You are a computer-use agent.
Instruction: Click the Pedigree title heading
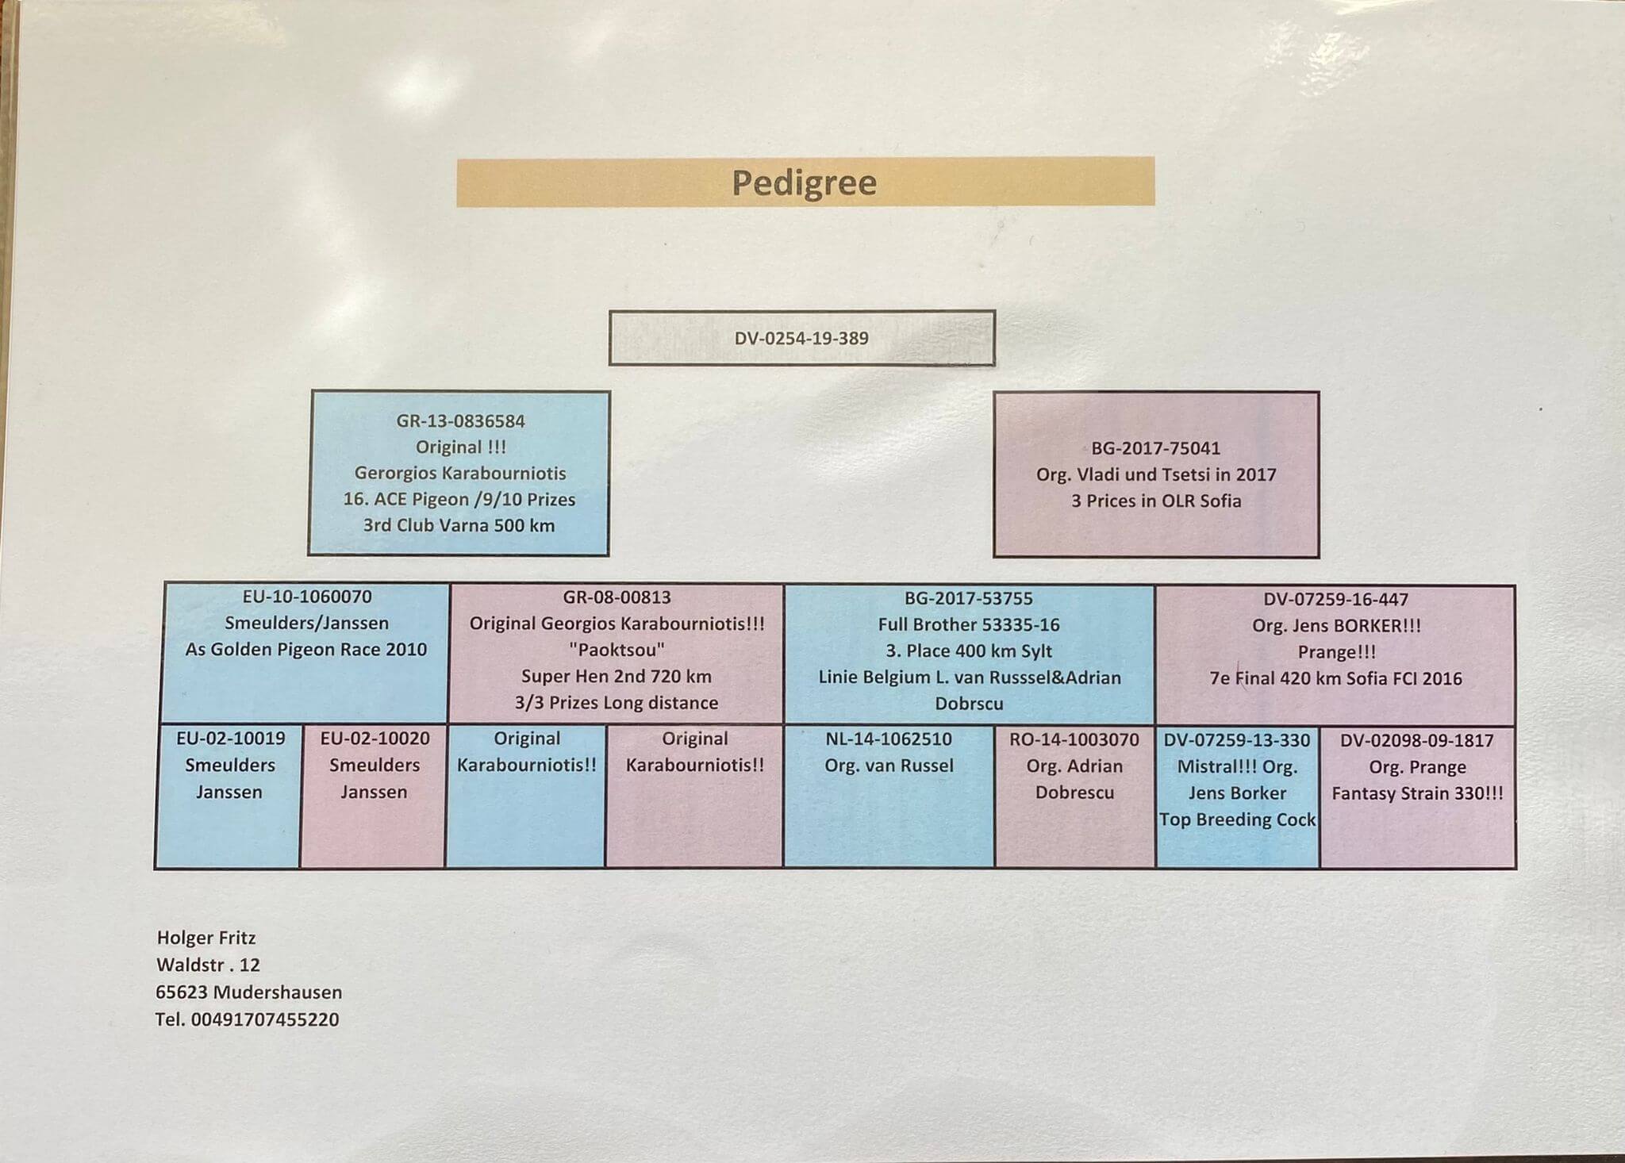(804, 183)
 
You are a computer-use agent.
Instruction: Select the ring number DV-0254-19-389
(801, 339)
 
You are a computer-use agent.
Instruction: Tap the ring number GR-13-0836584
(460, 421)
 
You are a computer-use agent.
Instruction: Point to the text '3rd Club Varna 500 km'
(459, 526)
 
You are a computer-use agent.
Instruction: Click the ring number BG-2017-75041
(1155, 448)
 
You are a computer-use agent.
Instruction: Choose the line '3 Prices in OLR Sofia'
(1156, 501)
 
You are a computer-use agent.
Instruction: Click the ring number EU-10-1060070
(307, 597)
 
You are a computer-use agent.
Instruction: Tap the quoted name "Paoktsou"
(617, 650)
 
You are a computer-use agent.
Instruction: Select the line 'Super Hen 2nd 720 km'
(617, 677)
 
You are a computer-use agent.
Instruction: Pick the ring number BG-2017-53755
(969, 598)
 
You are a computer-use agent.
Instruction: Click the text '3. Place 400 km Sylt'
(969, 651)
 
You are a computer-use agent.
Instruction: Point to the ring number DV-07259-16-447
(1336, 600)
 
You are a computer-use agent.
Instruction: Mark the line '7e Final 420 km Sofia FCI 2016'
(1336, 679)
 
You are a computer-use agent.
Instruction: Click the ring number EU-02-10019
(230, 739)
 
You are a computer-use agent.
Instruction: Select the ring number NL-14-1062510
(889, 739)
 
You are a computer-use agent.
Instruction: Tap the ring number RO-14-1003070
(1074, 740)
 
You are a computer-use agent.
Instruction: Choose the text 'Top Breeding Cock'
(1238, 820)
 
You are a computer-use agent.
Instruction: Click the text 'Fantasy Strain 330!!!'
(1417, 794)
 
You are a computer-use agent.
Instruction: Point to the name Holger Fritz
(206, 938)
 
